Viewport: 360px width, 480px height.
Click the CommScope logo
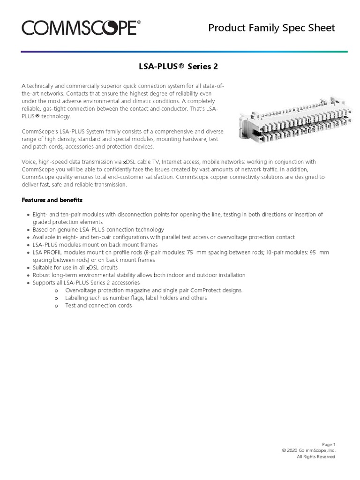pyautogui.click(x=79, y=28)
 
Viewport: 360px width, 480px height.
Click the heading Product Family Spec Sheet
pyautogui.click(x=271, y=28)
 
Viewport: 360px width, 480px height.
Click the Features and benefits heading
pyautogui.click(x=52, y=200)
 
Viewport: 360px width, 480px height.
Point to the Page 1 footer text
pyautogui.click(x=329, y=444)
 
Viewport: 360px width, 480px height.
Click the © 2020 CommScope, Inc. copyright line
pyautogui.click(x=308, y=450)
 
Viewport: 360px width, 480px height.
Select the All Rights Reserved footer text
pyautogui.click(x=316, y=457)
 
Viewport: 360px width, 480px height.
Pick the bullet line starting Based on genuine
pyautogui.click(x=98, y=230)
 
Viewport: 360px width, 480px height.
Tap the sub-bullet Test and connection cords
pyautogui.click(x=98, y=306)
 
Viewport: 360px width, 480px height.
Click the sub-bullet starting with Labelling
pyautogui.click(x=136, y=298)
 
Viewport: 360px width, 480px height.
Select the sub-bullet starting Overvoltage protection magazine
pyautogui.click(x=154, y=290)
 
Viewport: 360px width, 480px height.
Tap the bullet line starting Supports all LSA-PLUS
pyautogui.click(x=86, y=283)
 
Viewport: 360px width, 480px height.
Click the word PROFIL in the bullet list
pyautogui.click(x=53, y=252)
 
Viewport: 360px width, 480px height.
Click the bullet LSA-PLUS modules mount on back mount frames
pyautogui.click(x=95, y=245)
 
